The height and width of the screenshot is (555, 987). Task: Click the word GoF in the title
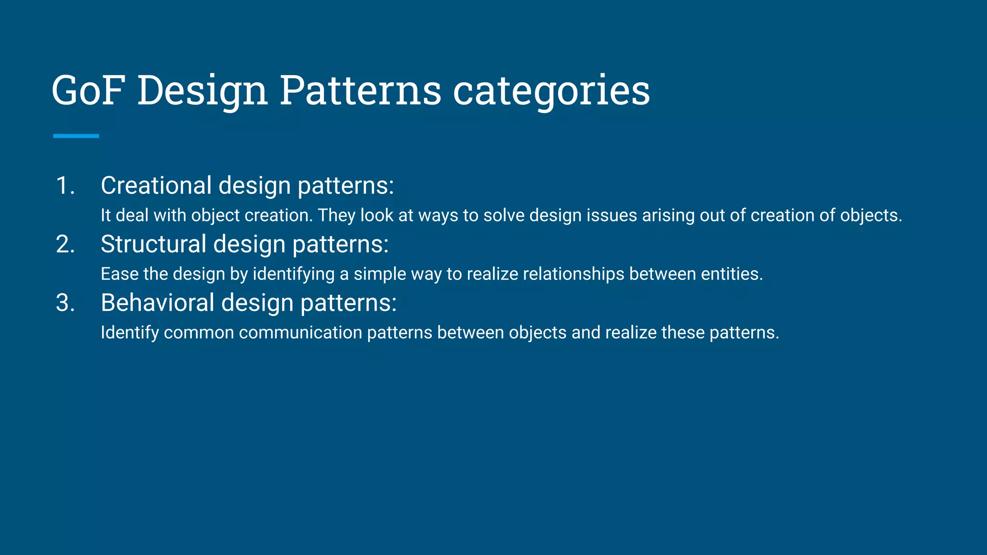[88, 90]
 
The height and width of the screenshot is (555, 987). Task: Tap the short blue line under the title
[76, 136]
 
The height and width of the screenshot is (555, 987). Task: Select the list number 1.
[65, 185]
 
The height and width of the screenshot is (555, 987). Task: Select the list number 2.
[65, 244]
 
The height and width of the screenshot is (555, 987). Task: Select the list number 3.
[65, 303]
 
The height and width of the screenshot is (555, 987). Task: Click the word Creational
[156, 185]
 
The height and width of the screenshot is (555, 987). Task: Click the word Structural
[153, 244]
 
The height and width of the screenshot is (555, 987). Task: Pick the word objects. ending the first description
[871, 215]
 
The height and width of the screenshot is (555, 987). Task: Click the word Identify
[130, 333]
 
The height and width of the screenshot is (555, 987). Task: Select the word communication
[300, 333]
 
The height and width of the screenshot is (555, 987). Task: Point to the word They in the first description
[336, 215]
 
